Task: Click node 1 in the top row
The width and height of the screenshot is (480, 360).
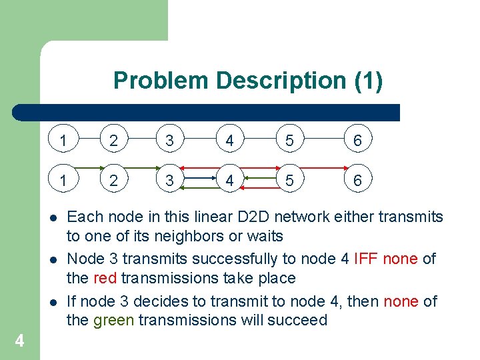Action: click(63, 141)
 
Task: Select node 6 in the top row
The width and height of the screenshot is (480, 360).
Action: click(357, 141)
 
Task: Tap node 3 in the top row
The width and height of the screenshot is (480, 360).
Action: click(170, 141)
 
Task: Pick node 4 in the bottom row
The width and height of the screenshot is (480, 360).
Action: click(229, 181)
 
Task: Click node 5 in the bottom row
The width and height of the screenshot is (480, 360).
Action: click(289, 181)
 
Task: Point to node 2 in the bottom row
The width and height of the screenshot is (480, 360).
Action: click(113, 181)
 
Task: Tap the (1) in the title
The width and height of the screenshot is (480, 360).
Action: click(369, 81)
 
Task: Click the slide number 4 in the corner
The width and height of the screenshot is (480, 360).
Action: click(19, 341)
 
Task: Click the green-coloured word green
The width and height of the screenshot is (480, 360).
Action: click(109, 320)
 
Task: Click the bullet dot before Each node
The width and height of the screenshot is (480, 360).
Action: click(51, 217)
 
